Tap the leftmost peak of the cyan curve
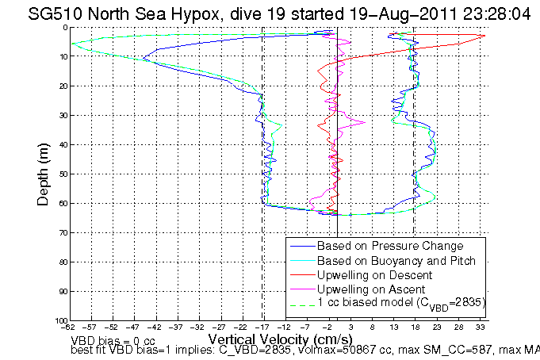pyautogui.click(x=71, y=44)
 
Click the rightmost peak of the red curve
pyautogui.click(x=484, y=35)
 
